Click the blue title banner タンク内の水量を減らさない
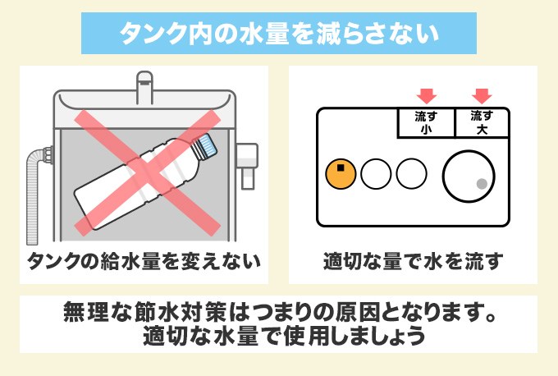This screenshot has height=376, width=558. tap(278, 34)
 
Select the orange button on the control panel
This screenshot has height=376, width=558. tap(340, 173)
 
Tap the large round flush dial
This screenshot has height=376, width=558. tap(469, 173)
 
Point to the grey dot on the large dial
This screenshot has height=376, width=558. tap(483, 182)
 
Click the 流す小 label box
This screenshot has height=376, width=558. tap(425, 122)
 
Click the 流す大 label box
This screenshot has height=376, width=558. tap(481, 122)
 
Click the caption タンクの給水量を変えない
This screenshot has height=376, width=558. tap(144, 261)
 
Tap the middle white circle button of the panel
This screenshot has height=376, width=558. tap(377, 173)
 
